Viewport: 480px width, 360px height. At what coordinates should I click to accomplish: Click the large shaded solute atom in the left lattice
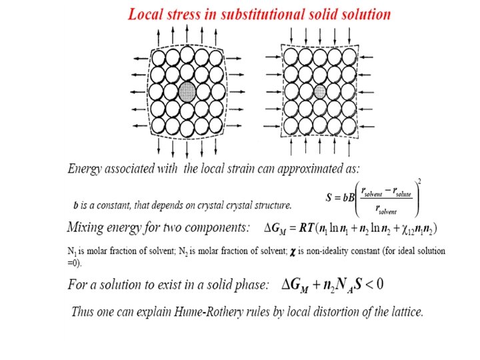click(x=187, y=91)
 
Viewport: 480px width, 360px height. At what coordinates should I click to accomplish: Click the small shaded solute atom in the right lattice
click(x=320, y=91)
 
